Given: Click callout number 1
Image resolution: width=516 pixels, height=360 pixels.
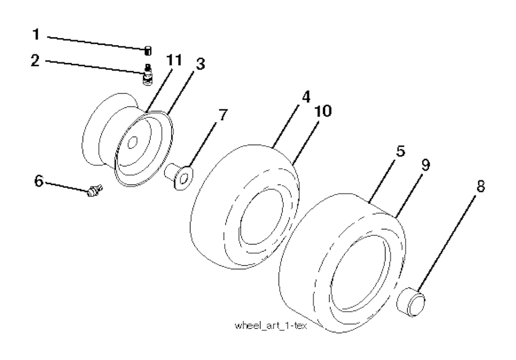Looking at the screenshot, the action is (x=36, y=34).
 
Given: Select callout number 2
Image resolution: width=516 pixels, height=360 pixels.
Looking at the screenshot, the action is (x=35, y=61).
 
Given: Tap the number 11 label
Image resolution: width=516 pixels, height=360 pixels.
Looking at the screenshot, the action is (x=174, y=61).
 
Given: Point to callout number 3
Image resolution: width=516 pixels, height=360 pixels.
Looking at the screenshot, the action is (x=201, y=64).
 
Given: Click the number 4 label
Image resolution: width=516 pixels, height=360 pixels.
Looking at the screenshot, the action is (x=306, y=97).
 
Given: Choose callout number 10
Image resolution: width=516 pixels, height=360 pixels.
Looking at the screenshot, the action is (x=323, y=111).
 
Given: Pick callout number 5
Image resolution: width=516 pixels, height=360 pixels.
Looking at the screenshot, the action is (x=401, y=151).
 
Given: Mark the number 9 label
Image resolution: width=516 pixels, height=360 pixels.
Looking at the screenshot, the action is (x=426, y=164).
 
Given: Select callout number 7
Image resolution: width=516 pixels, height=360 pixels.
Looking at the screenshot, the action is (x=223, y=115).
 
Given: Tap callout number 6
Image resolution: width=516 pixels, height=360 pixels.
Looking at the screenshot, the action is (x=39, y=181).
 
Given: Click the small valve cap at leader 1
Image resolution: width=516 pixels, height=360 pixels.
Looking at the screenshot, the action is (x=148, y=51).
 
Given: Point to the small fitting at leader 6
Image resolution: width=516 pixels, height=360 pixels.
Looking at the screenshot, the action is (x=95, y=191).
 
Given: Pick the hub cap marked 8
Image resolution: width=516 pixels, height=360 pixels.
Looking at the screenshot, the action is (x=411, y=302).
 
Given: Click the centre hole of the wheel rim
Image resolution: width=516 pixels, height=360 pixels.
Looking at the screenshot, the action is (x=133, y=143).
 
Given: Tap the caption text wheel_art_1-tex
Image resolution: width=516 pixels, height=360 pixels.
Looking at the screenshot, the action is (x=271, y=326).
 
